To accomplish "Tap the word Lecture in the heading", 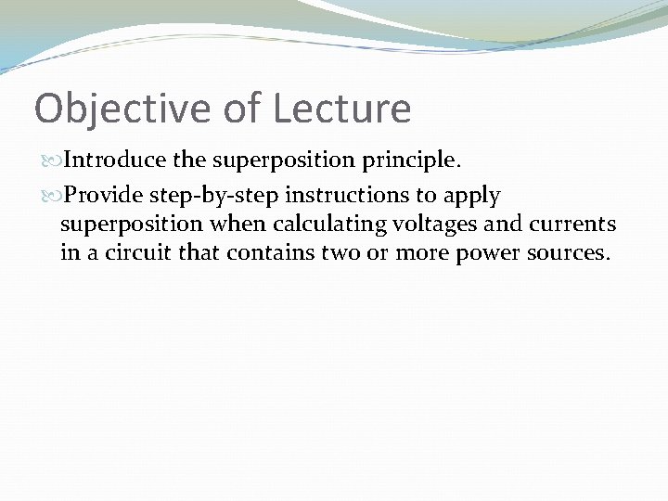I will coord(341,109).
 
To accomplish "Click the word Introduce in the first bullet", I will coord(116,161).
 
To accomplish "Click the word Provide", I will coord(102,196).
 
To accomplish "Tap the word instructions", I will coord(356,196).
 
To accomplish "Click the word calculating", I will coord(328,225).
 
